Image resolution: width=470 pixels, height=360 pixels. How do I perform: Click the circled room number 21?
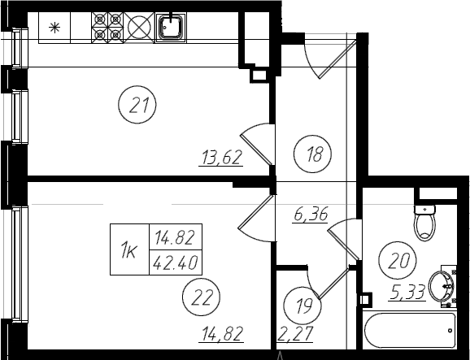pyautogui.click(x=137, y=105)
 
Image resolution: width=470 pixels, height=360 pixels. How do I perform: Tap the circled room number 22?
pyautogui.click(x=201, y=297)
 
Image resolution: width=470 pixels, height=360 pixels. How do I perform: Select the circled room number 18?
pyautogui.click(x=312, y=154)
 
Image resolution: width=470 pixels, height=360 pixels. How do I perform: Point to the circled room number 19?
pyautogui.click(x=302, y=306)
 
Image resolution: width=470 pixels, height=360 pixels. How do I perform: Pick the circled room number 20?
pyautogui.click(x=398, y=260)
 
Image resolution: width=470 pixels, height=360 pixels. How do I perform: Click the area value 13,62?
pyautogui.click(x=221, y=158)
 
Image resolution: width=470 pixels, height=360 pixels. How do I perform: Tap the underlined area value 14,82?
pyautogui.click(x=222, y=334)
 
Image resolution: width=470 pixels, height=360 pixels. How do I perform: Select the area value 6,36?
pyautogui.click(x=311, y=214)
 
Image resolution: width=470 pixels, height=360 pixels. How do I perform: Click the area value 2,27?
pyautogui.click(x=295, y=334)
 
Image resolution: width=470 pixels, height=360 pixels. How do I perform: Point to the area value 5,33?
pyautogui.click(x=407, y=292)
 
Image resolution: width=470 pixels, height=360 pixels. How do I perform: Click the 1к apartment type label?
pyautogui.click(x=129, y=250)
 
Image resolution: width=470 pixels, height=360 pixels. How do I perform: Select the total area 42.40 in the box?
pyautogui.click(x=176, y=262)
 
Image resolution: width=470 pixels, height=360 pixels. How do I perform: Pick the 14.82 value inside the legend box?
pyautogui.click(x=175, y=237)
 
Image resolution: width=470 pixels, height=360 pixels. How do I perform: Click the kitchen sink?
pyautogui.click(x=171, y=28)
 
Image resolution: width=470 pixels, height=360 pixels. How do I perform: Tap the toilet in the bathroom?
pyautogui.click(x=424, y=222)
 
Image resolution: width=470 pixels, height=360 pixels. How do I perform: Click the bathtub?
pyautogui.click(x=410, y=331)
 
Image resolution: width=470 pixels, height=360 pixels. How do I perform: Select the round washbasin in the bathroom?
pyautogui.click(x=442, y=286)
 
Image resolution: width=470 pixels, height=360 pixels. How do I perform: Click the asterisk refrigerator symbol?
pyautogui.click(x=54, y=28)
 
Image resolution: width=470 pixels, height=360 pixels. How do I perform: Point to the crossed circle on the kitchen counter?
pyautogui.click(x=139, y=28)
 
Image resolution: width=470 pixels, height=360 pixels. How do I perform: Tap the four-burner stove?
pyautogui.click(x=107, y=28)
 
